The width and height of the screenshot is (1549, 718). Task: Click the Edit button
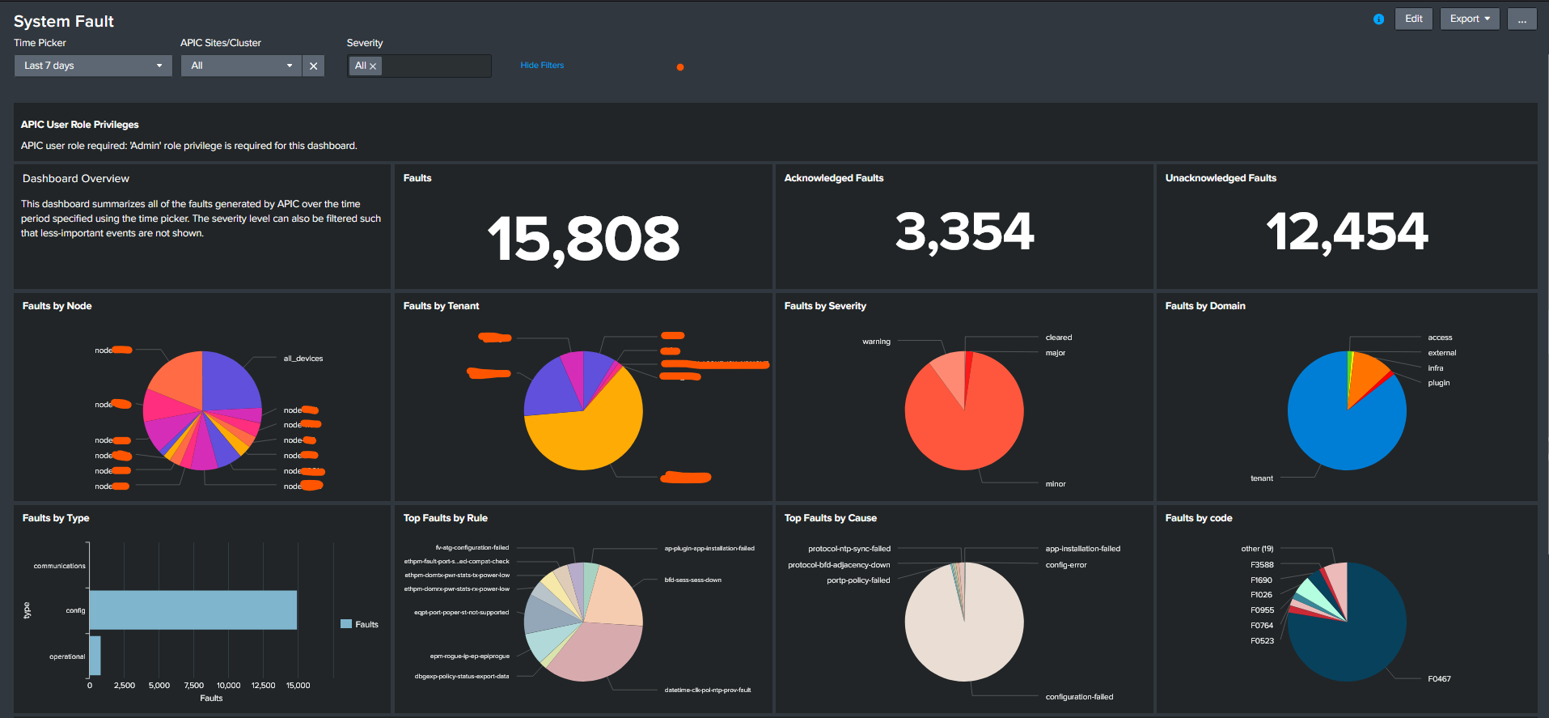coord(1413,19)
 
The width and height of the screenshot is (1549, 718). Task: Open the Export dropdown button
coord(1469,19)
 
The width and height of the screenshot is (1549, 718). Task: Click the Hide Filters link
coord(542,65)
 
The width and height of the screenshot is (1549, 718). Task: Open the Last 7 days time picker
coord(92,66)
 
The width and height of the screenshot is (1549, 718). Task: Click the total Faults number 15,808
coord(583,239)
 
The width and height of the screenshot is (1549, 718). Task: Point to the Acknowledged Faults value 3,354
coord(964,232)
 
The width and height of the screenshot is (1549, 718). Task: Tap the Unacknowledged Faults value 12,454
coord(1347,232)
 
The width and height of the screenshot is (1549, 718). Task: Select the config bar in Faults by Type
coord(193,610)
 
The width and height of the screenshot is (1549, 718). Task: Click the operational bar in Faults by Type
coord(95,656)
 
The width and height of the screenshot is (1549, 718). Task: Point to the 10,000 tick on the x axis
coord(229,686)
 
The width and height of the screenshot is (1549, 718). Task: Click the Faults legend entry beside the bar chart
coord(360,624)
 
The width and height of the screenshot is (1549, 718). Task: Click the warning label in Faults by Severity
coord(876,342)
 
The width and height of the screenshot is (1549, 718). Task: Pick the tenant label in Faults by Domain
coord(1261,478)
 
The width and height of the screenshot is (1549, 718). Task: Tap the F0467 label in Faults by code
coord(1439,679)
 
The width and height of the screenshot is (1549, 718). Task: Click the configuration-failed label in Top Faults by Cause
coord(1079,697)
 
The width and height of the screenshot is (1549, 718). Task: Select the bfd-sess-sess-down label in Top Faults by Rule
coord(692,580)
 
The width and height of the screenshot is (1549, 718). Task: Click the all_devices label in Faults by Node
coord(303,359)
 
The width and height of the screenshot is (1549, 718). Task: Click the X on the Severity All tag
coord(373,66)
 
